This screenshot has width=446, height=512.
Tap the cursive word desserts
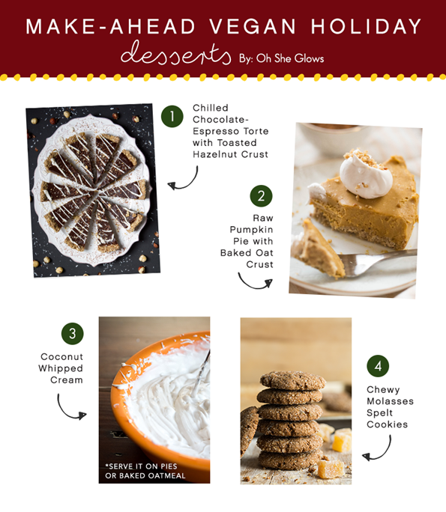[x=175, y=55]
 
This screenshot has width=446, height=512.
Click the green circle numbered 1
[x=172, y=116]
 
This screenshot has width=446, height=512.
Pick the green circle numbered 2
[x=261, y=197]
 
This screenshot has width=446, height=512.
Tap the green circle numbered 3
[x=72, y=333]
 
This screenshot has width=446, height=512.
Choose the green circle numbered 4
[x=378, y=366]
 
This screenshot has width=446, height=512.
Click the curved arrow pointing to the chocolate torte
[x=183, y=177]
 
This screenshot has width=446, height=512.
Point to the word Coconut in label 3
[x=62, y=358]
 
